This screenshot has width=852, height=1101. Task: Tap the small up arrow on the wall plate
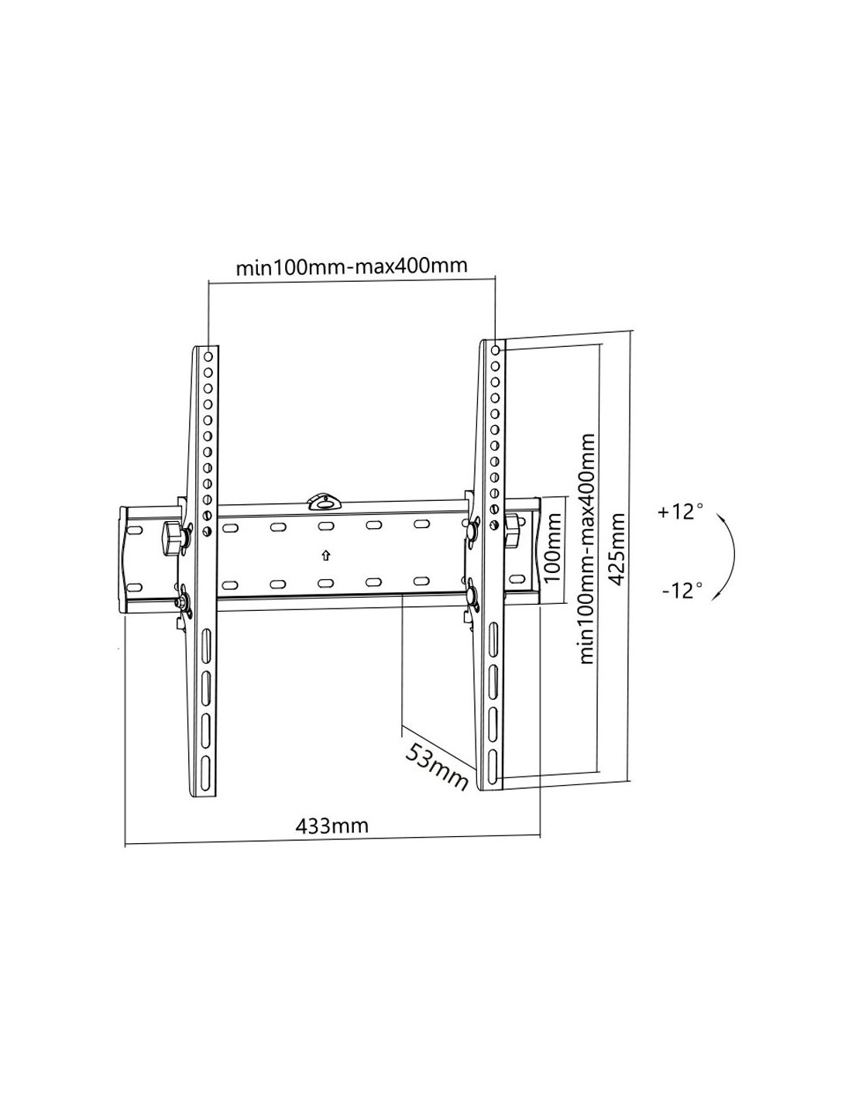pos(326,555)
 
